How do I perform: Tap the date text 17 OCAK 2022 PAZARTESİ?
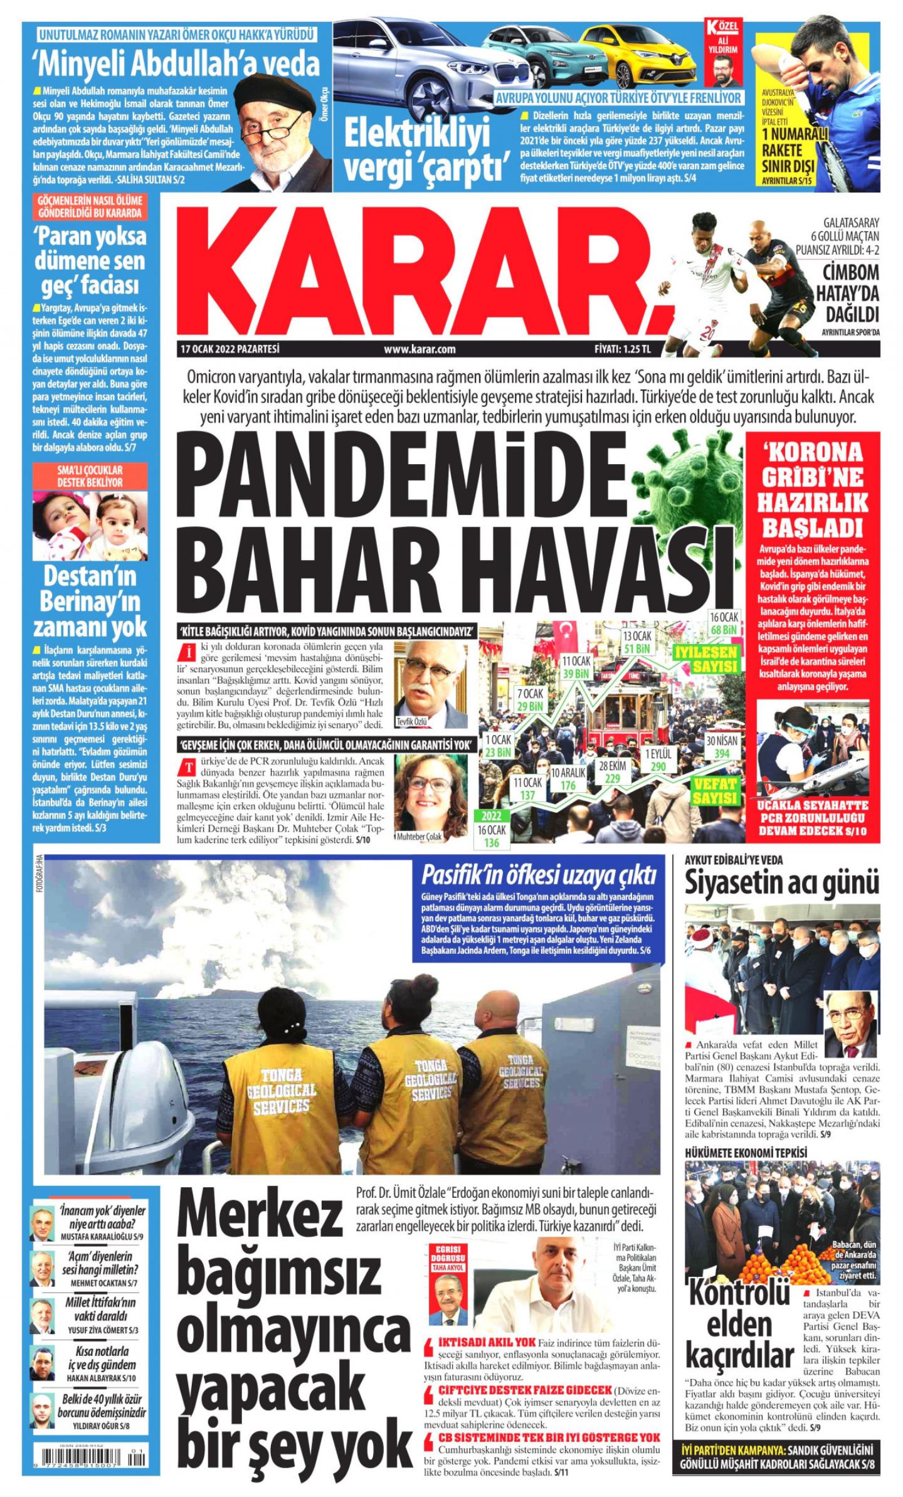pos(229,349)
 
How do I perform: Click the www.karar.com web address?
pos(420,349)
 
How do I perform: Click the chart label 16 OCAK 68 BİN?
pos(723,622)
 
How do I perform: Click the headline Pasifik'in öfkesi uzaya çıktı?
pos(539,873)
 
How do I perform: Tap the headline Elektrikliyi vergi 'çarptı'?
pos(426,151)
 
